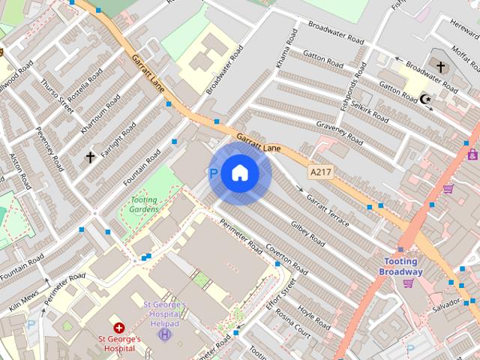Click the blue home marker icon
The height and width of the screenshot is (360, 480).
(x=239, y=174)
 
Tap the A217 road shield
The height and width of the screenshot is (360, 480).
(x=320, y=172)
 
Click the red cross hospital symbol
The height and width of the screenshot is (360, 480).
(x=118, y=328)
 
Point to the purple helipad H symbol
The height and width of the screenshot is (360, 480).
(x=164, y=333)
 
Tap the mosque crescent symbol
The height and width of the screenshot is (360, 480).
(x=427, y=99)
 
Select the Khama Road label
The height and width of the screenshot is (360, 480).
(x=284, y=53)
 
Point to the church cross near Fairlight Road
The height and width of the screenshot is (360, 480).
(x=91, y=157)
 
